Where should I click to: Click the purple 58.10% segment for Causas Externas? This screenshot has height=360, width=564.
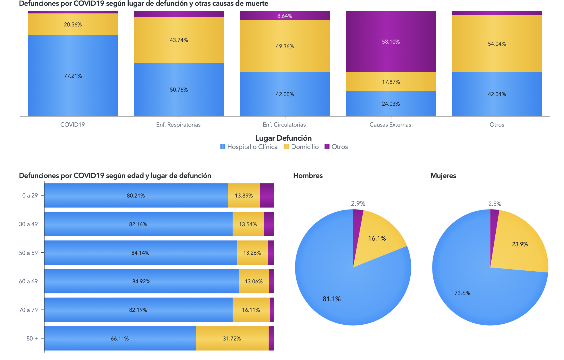pos(391,41)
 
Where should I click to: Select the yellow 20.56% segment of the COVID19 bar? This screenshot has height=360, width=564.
pos(73,24)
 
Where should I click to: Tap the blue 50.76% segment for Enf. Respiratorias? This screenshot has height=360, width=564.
pos(179,90)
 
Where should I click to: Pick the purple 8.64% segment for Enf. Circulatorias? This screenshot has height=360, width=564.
pos(285,16)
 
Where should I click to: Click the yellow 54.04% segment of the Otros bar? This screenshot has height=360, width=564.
pos(497,44)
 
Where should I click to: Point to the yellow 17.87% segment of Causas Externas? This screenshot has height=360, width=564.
pos(391,82)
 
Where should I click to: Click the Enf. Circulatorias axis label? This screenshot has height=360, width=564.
pos(284,125)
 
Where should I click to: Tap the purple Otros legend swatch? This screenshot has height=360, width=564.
pos(327,147)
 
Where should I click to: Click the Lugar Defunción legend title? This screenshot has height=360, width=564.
pos(283,138)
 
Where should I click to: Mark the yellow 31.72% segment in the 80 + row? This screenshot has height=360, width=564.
pos(232,338)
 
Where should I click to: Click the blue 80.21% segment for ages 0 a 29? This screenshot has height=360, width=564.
pos(136,196)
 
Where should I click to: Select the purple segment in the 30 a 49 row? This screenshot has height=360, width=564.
pos(269,224)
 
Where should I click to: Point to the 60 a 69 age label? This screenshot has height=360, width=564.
pos(28,281)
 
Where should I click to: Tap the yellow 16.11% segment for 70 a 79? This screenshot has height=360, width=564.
pos(251,310)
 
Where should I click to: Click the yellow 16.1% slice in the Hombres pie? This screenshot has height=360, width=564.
pos(377,238)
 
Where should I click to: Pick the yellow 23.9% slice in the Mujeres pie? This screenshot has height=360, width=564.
pos(520,244)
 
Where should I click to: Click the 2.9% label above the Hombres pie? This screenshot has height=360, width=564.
pos(358,204)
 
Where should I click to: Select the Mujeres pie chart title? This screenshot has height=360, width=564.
pos(443,176)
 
